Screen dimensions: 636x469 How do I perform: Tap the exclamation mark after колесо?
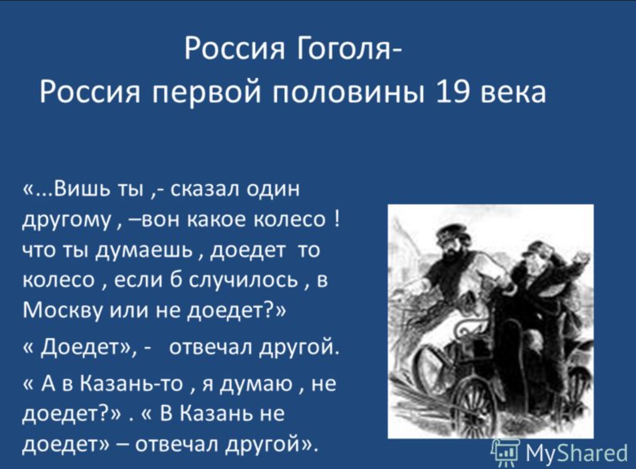(338, 220)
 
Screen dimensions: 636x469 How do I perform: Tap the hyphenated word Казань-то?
(131, 383)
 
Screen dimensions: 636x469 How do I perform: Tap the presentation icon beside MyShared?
(506, 452)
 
